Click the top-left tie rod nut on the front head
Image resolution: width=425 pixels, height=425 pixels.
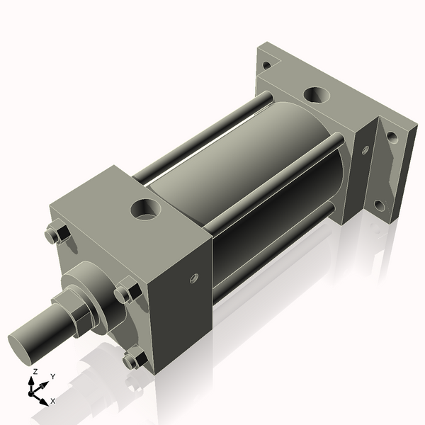tap(56, 235)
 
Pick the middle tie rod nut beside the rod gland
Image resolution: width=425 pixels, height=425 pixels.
tap(128, 292)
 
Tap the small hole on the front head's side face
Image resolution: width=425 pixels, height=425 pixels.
tap(192, 278)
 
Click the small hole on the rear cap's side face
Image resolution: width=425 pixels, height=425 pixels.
tap(365, 150)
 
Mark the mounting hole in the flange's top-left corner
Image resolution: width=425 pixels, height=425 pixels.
tap(267, 65)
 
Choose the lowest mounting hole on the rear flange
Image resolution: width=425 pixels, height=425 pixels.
tap(380, 205)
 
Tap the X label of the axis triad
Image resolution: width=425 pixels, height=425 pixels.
tap(53, 401)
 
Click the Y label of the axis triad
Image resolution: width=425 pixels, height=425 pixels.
tap(53, 376)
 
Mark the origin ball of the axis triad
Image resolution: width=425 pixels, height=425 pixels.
tap(33, 390)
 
